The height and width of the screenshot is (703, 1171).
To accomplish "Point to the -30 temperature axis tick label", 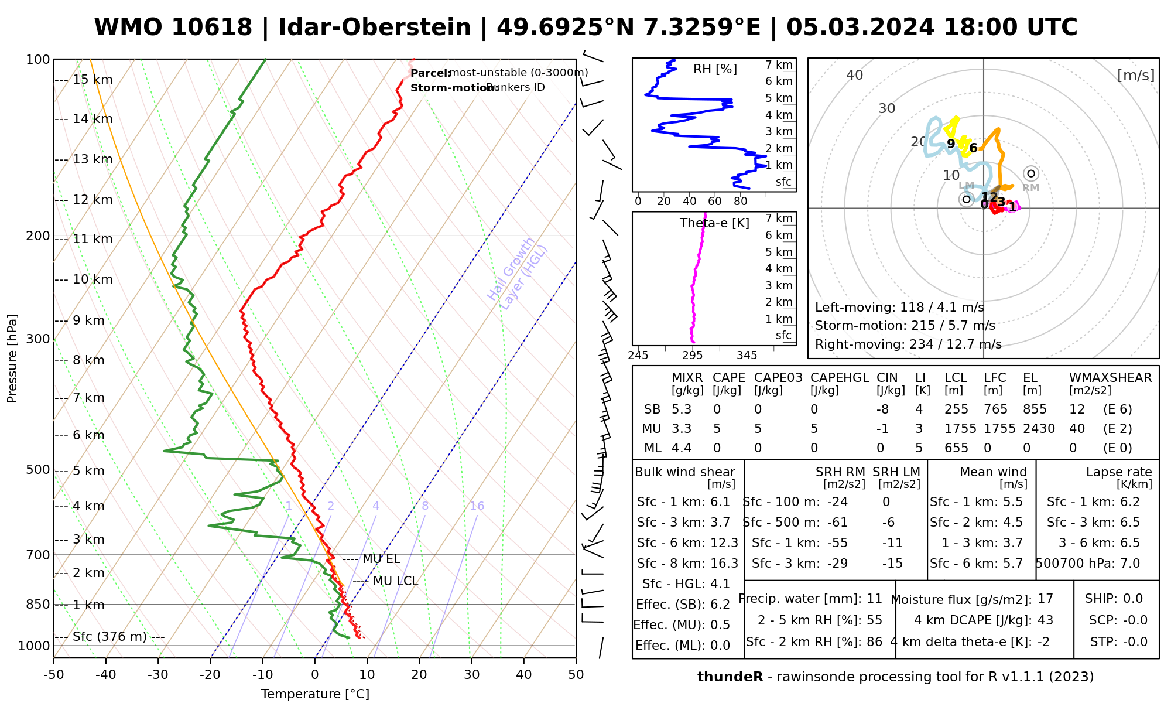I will pyautogui.click(x=158, y=675).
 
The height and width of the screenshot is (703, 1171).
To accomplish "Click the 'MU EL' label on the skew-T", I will pyautogui.click(x=381, y=559).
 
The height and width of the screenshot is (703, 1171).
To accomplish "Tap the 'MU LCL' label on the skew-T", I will pyautogui.click(x=395, y=581).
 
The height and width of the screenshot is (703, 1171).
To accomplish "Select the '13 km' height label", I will pyautogui.click(x=92, y=159).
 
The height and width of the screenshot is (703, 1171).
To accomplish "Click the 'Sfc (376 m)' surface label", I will pyautogui.click(x=109, y=637).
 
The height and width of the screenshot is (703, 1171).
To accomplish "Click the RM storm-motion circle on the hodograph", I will pyautogui.click(x=1031, y=173).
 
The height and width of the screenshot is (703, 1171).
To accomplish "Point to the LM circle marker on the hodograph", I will pyautogui.click(x=966, y=199).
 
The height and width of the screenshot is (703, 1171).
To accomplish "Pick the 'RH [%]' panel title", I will pyautogui.click(x=715, y=69).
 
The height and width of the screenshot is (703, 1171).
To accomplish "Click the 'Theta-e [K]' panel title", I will pyautogui.click(x=714, y=223).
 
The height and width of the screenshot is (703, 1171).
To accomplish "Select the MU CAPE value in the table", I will pyautogui.click(x=717, y=429).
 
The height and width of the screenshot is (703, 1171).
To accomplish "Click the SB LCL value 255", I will pyautogui.click(x=956, y=409).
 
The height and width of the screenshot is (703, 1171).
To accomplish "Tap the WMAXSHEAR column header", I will pyautogui.click(x=1110, y=378).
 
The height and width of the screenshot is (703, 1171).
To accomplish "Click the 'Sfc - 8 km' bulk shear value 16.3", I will pyautogui.click(x=724, y=563).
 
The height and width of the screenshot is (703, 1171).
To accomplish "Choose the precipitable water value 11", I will pyautogui.click(x=874, y=599).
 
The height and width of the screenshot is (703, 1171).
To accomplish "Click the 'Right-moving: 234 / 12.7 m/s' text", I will pyautogui.click(x=908, y=344).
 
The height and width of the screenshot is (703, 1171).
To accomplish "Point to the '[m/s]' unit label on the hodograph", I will pyautogui.click(x=1136, y=76).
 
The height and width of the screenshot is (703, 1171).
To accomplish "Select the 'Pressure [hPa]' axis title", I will pyautogui.click(x=12, y=359).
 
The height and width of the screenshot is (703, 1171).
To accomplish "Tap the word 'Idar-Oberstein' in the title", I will pyautogui.click(x=374, y=28).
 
